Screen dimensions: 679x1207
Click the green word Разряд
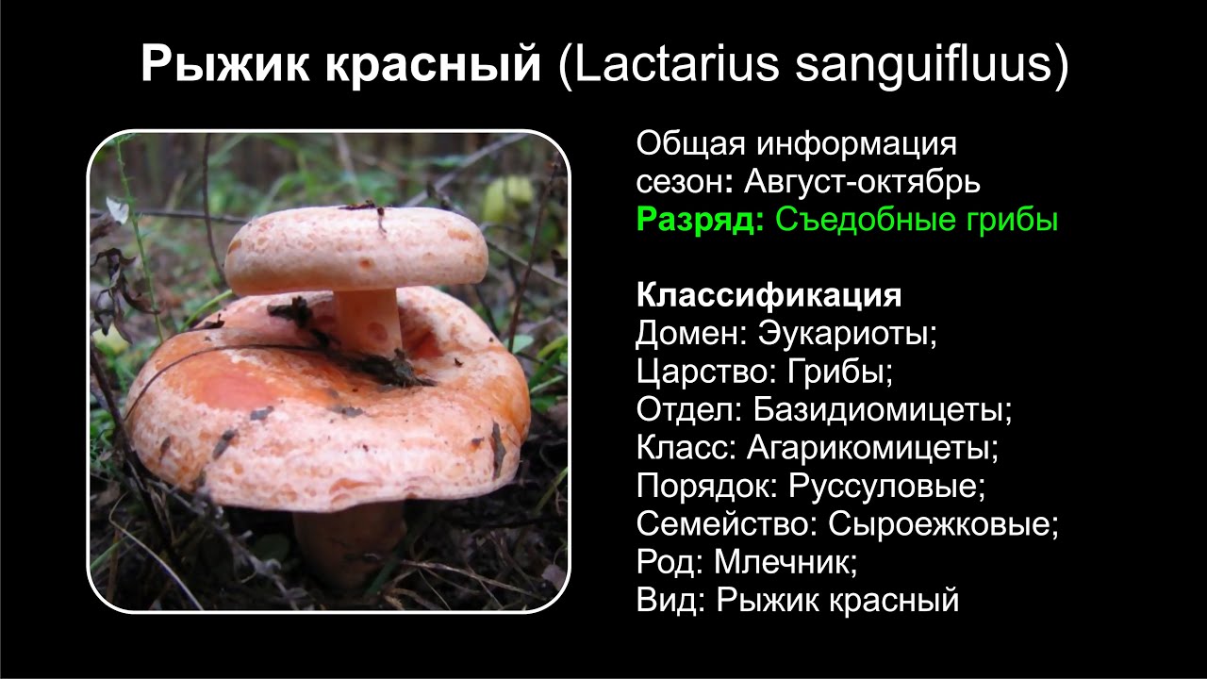tap(700, 220)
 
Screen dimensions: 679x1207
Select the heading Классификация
tap(769, 295)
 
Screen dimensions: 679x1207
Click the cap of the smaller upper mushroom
tap(355, 248)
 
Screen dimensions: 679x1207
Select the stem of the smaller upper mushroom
tap(369, 321)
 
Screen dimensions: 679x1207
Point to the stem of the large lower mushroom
tap(349, 542)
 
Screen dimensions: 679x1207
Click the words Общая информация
tap(796, 144)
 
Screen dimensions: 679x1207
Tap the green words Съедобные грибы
tap(917, 220)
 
